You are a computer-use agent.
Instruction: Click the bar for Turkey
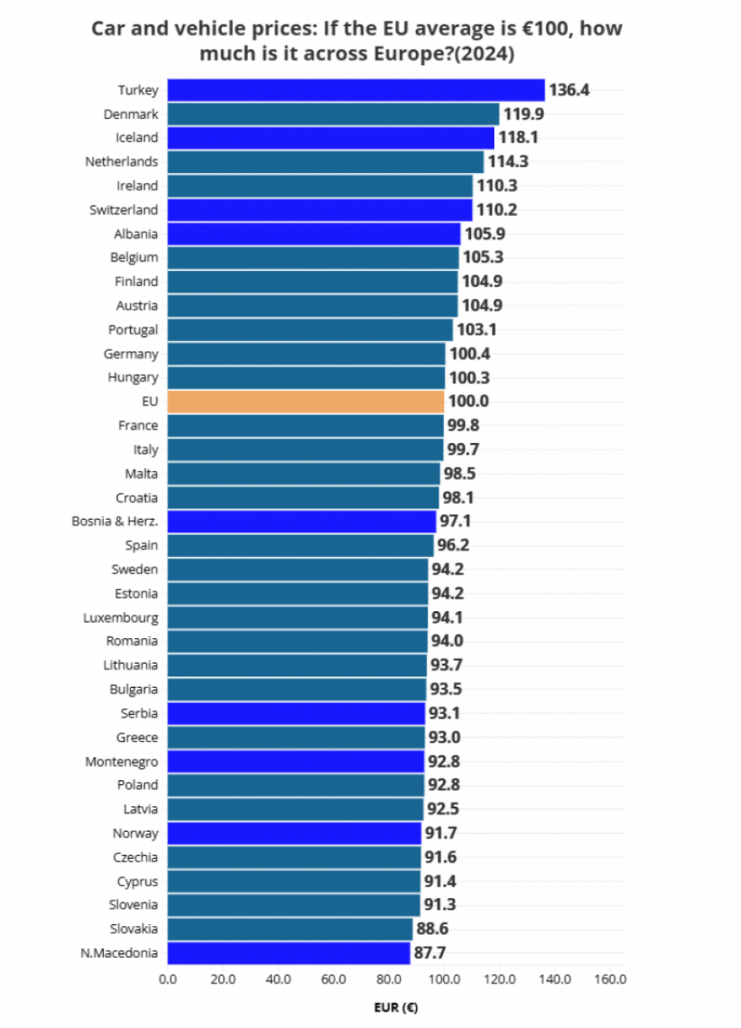pos(356,90)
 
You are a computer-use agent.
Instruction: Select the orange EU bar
pos(305,402)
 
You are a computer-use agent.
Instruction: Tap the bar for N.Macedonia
pos(288,953)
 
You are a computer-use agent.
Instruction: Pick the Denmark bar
pos(333,114)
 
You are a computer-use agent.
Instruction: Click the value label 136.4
pos(569,90)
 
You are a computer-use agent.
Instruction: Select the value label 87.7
pos(431,953)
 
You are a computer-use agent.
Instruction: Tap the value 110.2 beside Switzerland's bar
pos(496,210)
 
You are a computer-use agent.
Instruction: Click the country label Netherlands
pos(121,161)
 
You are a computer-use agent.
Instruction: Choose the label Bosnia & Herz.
pos(114,521)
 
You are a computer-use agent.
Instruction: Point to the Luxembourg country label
pos(120,618)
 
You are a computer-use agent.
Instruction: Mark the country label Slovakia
pos(133,929)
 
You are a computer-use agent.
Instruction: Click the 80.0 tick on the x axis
pos(389,979)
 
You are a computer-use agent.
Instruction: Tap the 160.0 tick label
pos(610,979)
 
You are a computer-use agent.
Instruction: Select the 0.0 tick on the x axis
pos(168,979)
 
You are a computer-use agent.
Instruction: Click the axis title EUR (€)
pos(395,1007)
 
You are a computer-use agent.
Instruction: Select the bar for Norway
pos(294,834)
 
